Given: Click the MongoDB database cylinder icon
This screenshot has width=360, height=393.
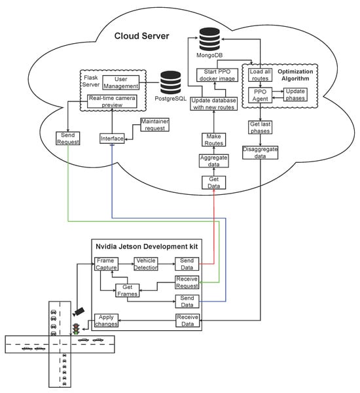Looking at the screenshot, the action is point(209,40).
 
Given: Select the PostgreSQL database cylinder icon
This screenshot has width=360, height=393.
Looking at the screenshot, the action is point(171,83).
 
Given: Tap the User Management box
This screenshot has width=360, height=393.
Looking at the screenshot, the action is point(120,82).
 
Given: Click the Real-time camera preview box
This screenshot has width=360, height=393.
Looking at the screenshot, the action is point(112,101).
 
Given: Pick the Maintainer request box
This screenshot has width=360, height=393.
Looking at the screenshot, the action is point(154,124).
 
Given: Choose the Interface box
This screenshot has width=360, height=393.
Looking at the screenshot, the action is point(112,139).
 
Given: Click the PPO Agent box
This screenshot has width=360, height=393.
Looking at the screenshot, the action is point(260,95).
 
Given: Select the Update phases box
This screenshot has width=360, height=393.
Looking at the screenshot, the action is point(295,95).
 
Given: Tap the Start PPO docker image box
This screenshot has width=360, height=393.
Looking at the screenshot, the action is point(217,75).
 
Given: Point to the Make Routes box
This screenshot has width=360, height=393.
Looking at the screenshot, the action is point(214,139).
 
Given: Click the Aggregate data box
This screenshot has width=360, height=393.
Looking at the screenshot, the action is point(214,161).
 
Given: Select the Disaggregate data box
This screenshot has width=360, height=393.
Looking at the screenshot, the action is point(260,152).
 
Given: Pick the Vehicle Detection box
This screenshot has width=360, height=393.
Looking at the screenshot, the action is point(146,264).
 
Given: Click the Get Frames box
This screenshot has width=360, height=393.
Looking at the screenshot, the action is point(128,290).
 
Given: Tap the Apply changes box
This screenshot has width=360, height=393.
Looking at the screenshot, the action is point(106,320).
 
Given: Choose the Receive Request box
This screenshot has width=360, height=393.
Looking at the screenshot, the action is point(187,282).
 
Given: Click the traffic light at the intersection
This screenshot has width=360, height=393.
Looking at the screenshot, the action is point(76,329).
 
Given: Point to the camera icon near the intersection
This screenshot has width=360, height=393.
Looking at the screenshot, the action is point(79,311).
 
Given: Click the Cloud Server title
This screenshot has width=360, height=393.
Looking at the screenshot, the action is point(142,36).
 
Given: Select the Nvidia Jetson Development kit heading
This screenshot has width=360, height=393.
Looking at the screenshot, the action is point(147,247).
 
